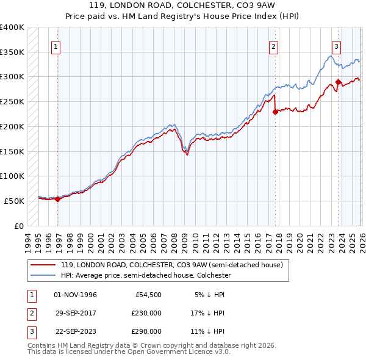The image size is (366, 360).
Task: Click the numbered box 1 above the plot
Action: pos(56,46)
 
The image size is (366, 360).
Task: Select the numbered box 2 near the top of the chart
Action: pos(274,46)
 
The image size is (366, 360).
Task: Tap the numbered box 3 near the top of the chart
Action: pos(336,46)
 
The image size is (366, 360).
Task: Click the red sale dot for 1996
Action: pos(57,198)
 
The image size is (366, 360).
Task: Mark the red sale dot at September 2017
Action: pos(275,111)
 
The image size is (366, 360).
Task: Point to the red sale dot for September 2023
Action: pos(338,82)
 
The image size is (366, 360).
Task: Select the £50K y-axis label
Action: pos(14,201)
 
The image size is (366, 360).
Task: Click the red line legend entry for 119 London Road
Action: pos(171,265)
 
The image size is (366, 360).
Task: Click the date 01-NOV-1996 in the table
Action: pos(75,295)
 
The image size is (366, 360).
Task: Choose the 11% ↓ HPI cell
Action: pos(208,331)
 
